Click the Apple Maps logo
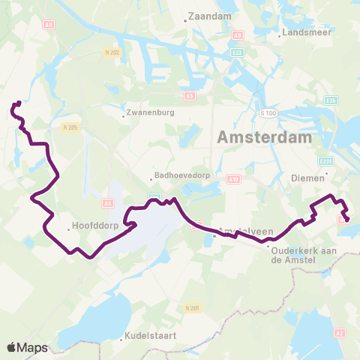click(28, 347)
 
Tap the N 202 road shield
click(112, 52)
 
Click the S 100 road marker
click(268, 112)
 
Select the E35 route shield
click(331, 100)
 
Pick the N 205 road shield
click(70, 127)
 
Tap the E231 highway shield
click(325, 161)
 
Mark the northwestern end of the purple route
click(17, 103)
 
